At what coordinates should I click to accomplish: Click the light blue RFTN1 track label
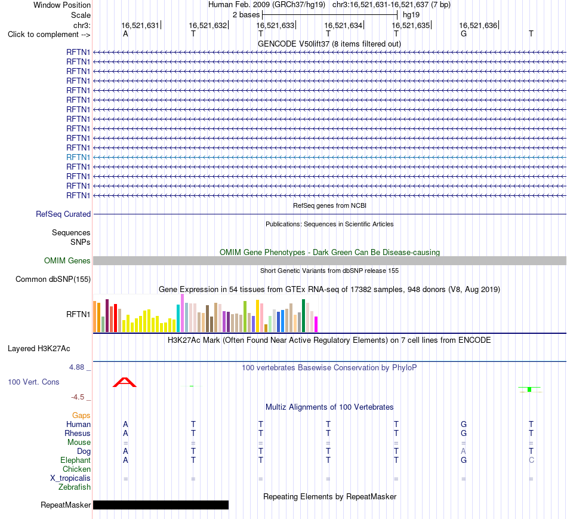[78, 157]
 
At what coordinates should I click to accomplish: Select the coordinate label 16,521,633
[275, 25]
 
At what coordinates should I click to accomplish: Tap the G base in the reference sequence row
[464, 33]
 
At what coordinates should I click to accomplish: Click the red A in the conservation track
[125, 382]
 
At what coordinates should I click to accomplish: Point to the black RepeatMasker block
[161, 505]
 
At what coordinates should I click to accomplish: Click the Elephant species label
[76, 460]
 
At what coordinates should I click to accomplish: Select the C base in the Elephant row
[531, 460]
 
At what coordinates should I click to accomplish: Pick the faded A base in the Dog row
[464, 451]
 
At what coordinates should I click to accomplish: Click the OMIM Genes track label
[67, 260]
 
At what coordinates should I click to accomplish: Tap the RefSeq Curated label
[63, 214]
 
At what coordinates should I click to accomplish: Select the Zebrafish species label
[75, 487]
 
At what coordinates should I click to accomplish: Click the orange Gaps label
[81, 415]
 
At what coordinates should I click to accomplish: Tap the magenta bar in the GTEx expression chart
[316, 324]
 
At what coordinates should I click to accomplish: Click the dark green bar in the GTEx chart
[303, 315]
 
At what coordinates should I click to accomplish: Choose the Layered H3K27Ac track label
[39, 349]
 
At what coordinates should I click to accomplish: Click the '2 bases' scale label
[246, 15]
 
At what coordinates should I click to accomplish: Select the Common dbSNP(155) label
[53, 279]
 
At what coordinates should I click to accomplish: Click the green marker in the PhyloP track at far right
[529, 389]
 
